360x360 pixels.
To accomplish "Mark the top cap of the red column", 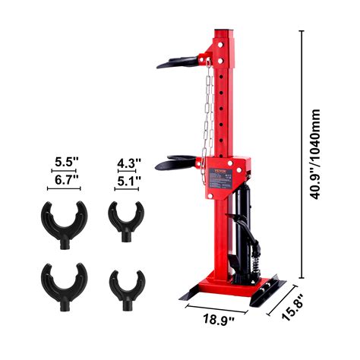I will click(227, 32).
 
